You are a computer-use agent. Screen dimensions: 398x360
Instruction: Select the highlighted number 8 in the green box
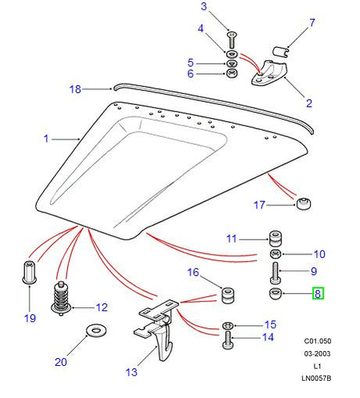(317, 295)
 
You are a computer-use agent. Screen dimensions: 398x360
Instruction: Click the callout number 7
(311, 23)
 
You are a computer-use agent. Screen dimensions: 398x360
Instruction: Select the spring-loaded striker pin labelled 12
(61, 296)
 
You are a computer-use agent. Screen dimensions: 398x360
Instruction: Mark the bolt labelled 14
(228, 339)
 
